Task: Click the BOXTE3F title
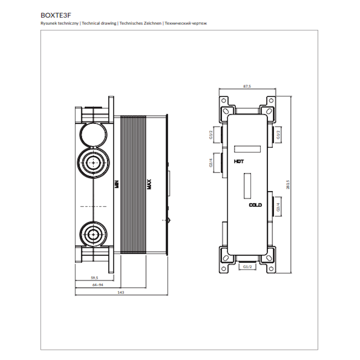pos(56,15)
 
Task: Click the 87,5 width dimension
pos(247,86)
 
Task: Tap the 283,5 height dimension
pos(288,184)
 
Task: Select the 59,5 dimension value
pos(94,278)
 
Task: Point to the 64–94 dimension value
pos(98,285)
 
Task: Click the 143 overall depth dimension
pos(121,292)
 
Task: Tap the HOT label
pos(239,162)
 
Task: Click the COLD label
pos(255,205)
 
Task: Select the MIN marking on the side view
pos(117,184)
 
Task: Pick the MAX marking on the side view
pos(149,184)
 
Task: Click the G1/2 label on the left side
pos(211,135)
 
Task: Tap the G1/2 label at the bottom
pos(247,267)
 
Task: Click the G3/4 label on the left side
pos(211,163)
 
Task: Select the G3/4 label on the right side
pos(278,207)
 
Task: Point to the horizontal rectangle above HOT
pos(247,149)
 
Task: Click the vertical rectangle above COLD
pos(247,186)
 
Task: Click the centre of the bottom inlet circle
pos(93,234)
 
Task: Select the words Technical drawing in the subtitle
pos(99,23)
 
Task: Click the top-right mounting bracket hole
pos(271,100)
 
